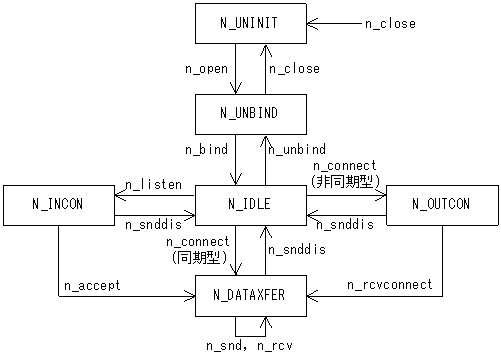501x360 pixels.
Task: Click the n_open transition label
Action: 206,69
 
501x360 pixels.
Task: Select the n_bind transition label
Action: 206,148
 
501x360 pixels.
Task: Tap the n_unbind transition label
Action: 297,148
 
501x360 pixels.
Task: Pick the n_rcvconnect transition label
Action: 390,285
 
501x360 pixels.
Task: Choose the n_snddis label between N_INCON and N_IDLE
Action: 154,224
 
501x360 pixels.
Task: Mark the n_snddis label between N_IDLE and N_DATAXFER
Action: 297,250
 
